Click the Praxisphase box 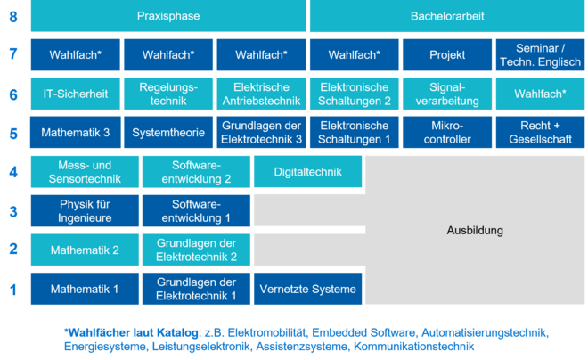(x=168, y=16)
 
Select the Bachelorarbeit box (x=447, y=16)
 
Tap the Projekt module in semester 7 (x=447, y=54)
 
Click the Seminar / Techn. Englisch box (x=540, y=54)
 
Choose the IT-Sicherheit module (x=75, y=94)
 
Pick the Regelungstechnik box (x=168, y=94)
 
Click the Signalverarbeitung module (x=447, y=94)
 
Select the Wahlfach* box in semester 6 (x=540, y=94)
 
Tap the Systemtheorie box (x=168, y=132)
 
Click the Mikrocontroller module (x=447, y=132)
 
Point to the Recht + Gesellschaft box (x=540, y=132)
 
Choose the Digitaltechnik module (x=308, y=172)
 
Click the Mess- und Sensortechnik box (x=85, y=172)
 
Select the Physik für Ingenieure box (x=85, y=211)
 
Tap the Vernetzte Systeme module (x=308, y=289)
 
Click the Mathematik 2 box (x=85, y=250)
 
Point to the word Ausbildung (x=475, y=230)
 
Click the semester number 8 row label (x=13, y=17)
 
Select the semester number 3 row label (x=13, y=212)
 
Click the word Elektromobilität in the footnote (x=266, y=332)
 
